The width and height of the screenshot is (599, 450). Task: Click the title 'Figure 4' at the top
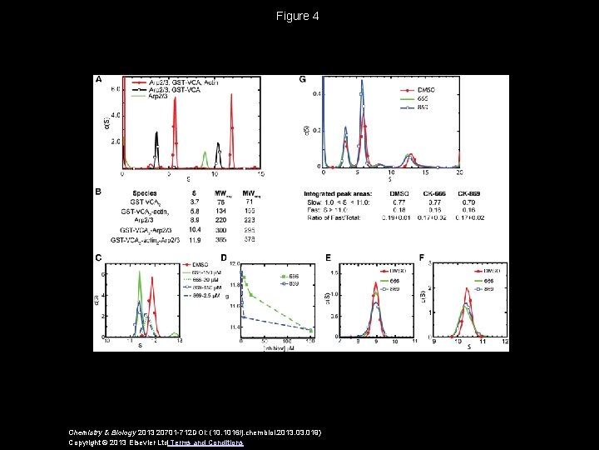(299, 16)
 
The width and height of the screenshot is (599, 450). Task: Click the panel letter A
(99, 80)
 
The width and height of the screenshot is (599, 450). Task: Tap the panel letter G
(303, 80)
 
